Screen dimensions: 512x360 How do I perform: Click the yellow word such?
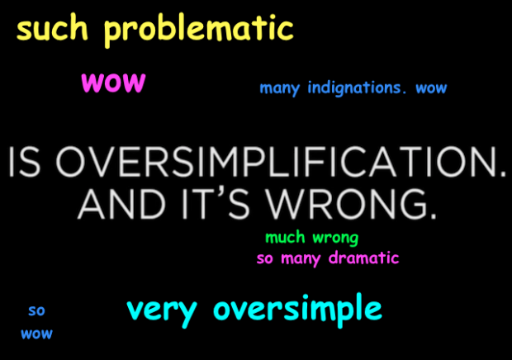(52, 29)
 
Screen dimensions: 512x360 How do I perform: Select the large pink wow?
(113, 83)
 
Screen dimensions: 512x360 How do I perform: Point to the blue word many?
(279, 88)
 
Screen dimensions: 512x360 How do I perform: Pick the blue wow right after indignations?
(431, 88)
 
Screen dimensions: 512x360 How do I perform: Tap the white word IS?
(25, 162)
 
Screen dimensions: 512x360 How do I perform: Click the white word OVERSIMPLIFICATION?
(281, 162)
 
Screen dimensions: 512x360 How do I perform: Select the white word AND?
(121, 204)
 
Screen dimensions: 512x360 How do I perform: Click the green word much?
(285, 237)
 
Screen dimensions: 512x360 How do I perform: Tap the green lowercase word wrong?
(335, 239)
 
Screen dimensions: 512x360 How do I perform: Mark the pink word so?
(264, 259)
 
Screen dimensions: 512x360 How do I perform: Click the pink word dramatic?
(363, 258)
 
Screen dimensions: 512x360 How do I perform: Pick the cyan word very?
(162, 311)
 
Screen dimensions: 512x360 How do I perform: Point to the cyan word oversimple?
(297, 310)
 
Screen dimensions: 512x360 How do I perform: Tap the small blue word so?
(36, 310)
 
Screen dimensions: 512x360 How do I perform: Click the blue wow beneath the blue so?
(36, 334)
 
